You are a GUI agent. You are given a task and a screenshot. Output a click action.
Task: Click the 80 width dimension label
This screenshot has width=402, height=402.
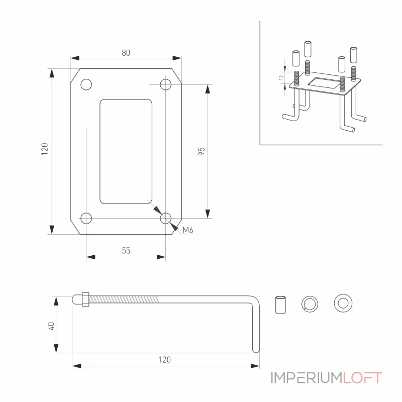click(126, 53)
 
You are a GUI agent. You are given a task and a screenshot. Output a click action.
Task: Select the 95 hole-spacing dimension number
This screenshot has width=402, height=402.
click(202, 151)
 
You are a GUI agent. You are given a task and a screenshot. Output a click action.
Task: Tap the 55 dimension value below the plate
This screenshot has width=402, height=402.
click(126, 250)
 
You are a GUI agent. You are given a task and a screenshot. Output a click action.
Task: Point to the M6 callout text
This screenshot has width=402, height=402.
click(188, 230)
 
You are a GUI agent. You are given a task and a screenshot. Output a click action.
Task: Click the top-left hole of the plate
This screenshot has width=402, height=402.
click(86, 84)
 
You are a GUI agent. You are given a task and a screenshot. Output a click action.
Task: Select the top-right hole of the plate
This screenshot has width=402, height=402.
click(166, 84)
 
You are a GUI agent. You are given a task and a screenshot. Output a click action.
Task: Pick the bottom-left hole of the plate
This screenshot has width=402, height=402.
click(86, 219)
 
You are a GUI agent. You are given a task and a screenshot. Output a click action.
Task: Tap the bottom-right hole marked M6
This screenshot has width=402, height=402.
click(166, 219)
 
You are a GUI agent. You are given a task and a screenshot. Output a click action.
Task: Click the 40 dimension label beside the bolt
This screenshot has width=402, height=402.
click(51, 326)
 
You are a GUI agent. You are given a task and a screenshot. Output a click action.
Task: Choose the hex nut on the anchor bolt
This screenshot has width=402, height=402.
click(85, 299)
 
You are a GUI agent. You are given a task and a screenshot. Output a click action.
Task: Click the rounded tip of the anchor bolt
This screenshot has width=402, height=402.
click(75, 299)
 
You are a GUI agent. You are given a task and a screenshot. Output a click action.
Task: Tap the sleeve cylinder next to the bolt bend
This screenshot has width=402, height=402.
click(280, 305)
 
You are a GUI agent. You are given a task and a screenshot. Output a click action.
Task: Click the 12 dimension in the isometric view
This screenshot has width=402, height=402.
click(281, 77)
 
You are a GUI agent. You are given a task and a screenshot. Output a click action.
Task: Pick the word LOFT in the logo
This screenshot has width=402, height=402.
click(362, 378)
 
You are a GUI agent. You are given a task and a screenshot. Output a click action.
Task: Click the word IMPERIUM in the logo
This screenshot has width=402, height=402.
click(307, 378)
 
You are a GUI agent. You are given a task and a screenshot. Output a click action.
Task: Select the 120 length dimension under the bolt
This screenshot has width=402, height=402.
click(164, 360)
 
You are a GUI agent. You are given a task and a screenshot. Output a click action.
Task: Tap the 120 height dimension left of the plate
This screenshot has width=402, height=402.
click(45, 149)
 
